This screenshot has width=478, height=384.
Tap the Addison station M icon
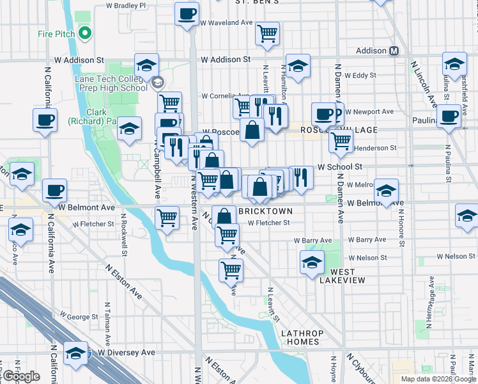click(x=394, y=51)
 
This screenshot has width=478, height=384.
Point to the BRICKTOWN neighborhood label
click(x=265, y=211)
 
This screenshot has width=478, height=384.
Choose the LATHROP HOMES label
click(x=303, y=337)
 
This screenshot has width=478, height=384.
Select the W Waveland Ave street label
click(x=227, y=22)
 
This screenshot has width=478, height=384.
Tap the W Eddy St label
click(x=360, y=75)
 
